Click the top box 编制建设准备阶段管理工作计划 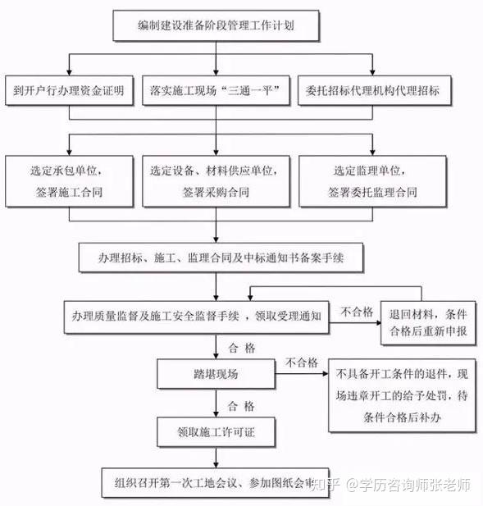pos(216,25)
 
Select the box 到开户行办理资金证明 pos(69,90)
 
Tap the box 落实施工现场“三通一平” pos(216,90)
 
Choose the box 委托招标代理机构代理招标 pos(374,90)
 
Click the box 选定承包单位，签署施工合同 pos(69,181)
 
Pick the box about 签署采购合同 pos(216,181)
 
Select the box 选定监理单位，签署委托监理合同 pos(372,181)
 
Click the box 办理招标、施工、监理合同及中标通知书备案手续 pos(221,258)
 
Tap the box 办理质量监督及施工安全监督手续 pos(196,317)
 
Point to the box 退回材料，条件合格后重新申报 pos(428,322)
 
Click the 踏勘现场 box pos(216,374)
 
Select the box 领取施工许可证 pos(216,431)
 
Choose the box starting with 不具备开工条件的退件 pos(402,395)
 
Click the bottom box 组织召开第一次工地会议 pos(215,482)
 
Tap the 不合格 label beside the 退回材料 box pos(356,312)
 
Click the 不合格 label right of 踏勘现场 pos(301,362)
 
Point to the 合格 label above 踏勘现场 pos(242,348)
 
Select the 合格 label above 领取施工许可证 pos(241,406)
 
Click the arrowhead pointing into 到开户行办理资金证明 pos(69,72)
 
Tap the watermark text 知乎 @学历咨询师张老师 pos(390,485)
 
